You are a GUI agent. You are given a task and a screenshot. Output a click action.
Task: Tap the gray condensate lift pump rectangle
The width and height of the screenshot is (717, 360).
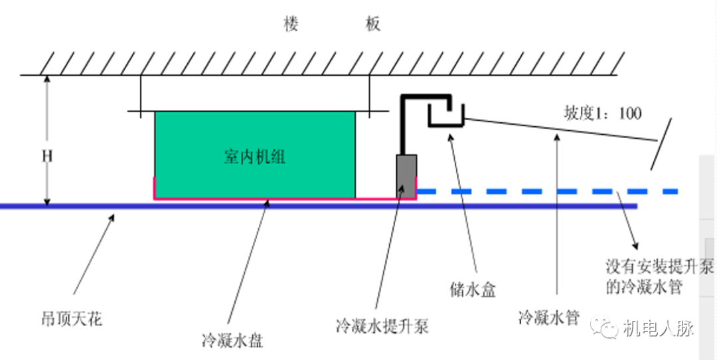(406, 175)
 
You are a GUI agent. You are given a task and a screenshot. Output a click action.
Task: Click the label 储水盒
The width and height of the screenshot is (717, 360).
(473, 289)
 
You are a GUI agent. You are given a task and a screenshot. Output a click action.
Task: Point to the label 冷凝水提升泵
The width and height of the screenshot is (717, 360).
(382, 325)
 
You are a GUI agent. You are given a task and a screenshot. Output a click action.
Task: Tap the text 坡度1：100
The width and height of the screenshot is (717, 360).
(603, 113)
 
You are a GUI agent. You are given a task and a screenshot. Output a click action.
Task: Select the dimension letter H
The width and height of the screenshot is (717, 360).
(47, 156)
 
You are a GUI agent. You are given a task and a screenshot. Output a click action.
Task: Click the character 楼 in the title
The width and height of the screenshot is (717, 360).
(290, 25)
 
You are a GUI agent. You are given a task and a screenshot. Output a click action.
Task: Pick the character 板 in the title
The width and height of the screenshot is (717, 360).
(373, 25)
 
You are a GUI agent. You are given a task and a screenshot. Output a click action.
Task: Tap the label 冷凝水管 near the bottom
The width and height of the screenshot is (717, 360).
(548, 317)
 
